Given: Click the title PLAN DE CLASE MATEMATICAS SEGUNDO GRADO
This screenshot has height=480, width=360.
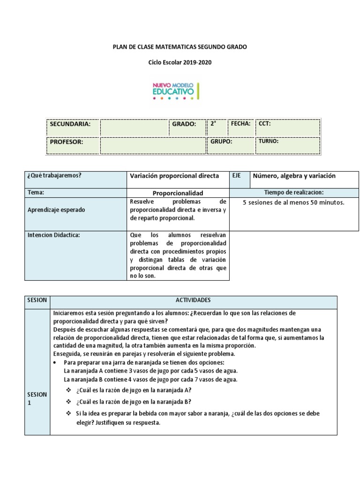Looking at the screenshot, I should click(x=180, y=47).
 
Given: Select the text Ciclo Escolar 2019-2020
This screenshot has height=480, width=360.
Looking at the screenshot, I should click(x=180, y=62).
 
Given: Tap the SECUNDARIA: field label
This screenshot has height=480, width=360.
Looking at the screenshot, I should click(x=70, y=124).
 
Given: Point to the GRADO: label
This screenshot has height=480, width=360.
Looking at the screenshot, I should click(x=184, y=124).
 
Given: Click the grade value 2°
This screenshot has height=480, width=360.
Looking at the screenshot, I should click(x=213, y=124).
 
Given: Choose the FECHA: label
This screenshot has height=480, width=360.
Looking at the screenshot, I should click(x=240, y=123).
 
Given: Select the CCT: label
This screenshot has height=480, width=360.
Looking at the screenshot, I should click(x=265, y=124).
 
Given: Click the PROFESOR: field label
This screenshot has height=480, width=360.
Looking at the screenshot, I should click(x=67, y=142).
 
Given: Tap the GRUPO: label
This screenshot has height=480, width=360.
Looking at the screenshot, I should click(x=221, y=141).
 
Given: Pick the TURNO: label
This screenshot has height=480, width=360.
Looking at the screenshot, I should click(x=269, y=141).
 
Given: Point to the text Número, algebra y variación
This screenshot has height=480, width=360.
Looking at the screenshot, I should click(x=294, y=176).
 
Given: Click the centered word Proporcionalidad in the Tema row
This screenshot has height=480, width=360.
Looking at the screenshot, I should click(x=178, y=193).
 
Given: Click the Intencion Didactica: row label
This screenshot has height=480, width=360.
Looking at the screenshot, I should click(x=54, y=235).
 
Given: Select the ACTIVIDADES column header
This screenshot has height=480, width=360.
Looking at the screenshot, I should click(x=193, y=300).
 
